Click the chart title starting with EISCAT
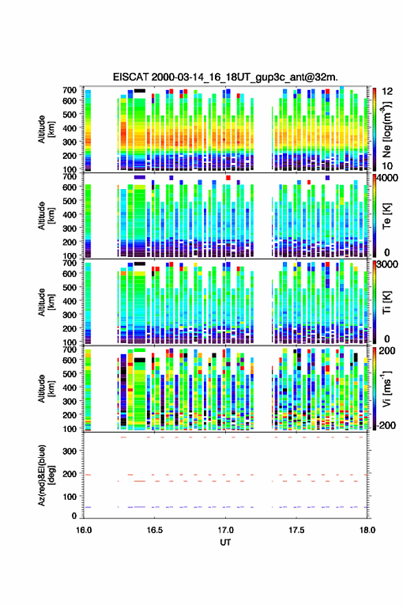[225, 77]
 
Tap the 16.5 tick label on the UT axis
[154, 530]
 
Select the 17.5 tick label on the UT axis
[296, 530]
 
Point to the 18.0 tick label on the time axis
[367, 530]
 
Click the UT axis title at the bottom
[225, 542]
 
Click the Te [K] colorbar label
[387, 217]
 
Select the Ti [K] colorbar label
[387, 302]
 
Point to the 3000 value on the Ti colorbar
[387, 264]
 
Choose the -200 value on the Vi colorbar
[386, 425]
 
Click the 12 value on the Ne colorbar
[387, 91]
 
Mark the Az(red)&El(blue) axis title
[46, 475]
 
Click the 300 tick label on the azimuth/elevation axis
[69, 451]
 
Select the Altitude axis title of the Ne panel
[46, 129]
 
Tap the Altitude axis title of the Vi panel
[46, 388]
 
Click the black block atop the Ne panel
[139, 91]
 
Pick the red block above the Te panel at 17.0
[228, 177]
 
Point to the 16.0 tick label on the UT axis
[84, 530]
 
